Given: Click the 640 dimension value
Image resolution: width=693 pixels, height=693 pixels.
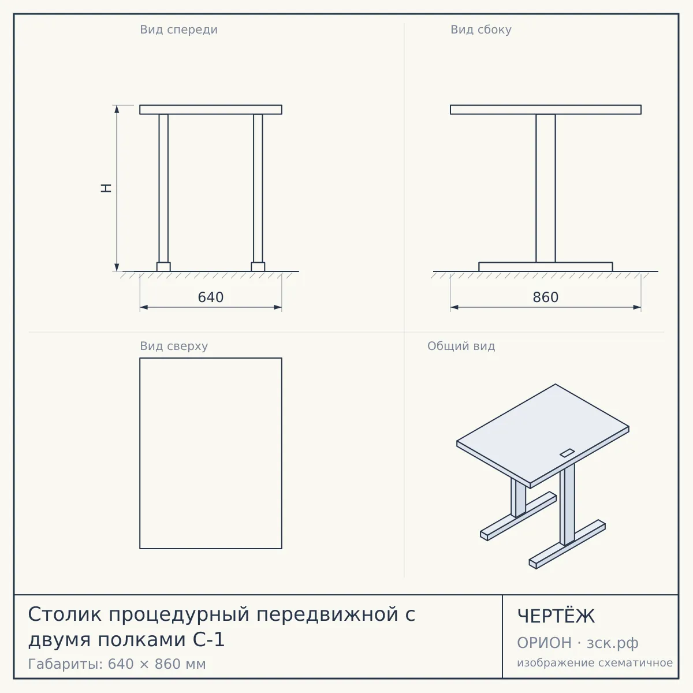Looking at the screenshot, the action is tap(210, 297).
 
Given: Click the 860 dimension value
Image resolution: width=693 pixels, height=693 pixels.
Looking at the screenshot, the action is tap(545, 297).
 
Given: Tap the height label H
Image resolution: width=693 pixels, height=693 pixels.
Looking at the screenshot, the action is tap(106, 188).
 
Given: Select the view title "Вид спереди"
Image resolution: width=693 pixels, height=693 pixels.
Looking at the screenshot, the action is tap(178, 29).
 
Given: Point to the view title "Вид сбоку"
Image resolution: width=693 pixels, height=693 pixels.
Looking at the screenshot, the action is tap(481, 29).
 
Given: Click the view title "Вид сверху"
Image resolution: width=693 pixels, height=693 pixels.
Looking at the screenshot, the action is tap(174, 346).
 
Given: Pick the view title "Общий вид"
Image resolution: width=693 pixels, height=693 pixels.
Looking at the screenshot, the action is tap(461, 346).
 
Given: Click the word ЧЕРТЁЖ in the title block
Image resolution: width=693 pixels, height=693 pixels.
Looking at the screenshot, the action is tap(556, 616).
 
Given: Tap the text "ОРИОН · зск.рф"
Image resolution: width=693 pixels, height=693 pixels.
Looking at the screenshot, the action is tap(577, 643).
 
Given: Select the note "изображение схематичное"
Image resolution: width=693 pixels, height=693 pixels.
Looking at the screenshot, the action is tap(595, 662).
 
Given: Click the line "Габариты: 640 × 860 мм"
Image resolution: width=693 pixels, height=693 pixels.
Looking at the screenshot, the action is tap(117, 664).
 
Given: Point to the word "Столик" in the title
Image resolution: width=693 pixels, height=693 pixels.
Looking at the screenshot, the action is tap(65, 614).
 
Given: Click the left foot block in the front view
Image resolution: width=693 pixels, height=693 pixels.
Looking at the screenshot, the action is tap(163, 266).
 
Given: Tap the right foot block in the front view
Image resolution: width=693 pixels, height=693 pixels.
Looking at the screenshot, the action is tap(258, 266).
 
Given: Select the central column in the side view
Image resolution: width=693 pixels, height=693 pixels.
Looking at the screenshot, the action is tap(546, 188).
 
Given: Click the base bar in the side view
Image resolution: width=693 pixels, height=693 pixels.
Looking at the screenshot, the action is tap(546, 267).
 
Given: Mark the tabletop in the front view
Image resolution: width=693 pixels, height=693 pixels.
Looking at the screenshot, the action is tap(211, 110).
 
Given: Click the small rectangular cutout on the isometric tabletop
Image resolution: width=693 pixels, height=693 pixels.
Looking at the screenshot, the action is tap(567, 453).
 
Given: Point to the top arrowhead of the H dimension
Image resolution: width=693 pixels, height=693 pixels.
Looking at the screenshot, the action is tap(117, 109).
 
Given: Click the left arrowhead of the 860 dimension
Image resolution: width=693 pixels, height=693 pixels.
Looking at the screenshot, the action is tap(454, 307).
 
